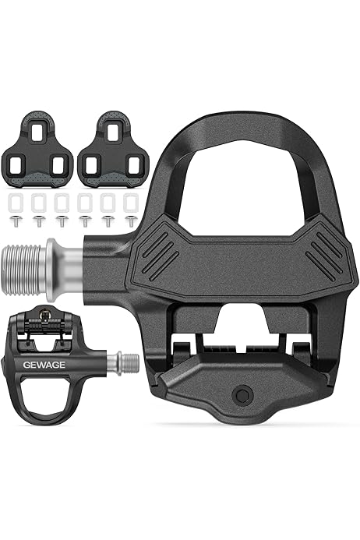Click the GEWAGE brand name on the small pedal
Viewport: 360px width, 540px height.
(44, 365)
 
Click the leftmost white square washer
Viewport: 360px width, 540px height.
(16, 203)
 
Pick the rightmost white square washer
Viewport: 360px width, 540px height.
(131, 203)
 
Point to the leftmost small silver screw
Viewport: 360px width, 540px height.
(16, 221)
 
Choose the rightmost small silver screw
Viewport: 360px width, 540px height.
(131, 221)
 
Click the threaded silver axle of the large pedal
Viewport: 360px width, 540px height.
(23, 270)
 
